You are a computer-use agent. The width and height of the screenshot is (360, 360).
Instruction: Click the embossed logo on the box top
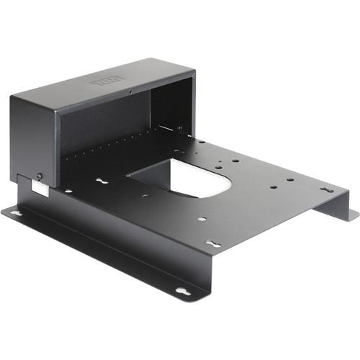tap(109, 84)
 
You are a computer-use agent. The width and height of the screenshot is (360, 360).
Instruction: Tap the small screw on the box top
tap(130, 92)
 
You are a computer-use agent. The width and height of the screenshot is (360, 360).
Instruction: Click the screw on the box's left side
tap(39, 176)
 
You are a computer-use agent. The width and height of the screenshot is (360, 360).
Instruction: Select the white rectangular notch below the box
tap(39, 187)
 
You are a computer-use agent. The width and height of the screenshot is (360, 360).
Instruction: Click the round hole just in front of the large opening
tap(202, 219)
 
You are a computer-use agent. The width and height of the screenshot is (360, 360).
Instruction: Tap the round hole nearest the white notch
tap(68, 191)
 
